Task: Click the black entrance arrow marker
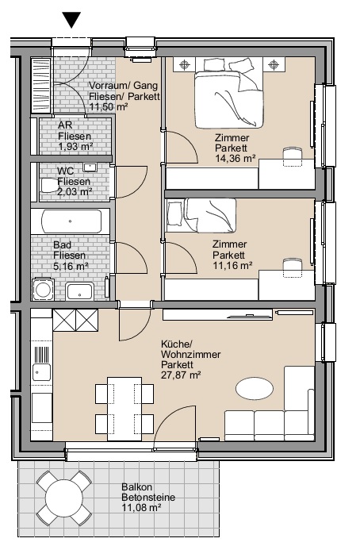coord(71,20)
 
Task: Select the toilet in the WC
coord(49,186)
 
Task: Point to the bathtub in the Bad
coord(71,221)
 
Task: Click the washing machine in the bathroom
coord(43,290)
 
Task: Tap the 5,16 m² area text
coord(71,267)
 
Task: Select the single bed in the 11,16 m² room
coord(201,216)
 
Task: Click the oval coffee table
coord(255,388)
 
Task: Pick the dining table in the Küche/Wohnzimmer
coord(124,409)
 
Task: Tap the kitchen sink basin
coord(42,372)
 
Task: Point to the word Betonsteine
coord(148,498)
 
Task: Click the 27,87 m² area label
coord(181,375)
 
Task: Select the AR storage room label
coord(65,125)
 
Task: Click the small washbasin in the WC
coord(90,167)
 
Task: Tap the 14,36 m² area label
coord(236,159)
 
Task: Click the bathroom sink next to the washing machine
coord(79,291)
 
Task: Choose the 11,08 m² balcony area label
coord(141,508)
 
